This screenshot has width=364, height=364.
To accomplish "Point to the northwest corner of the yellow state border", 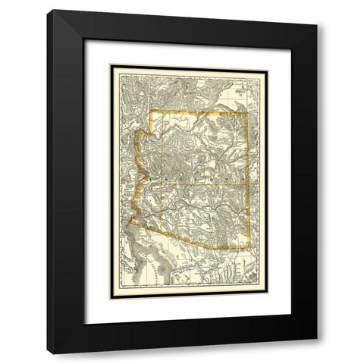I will click(149, 113).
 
